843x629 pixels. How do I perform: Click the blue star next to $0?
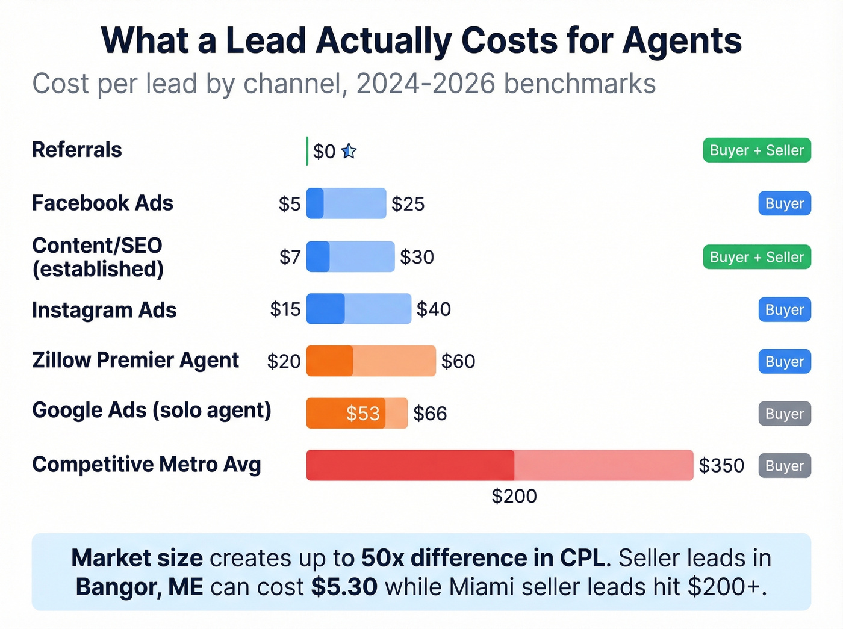349,151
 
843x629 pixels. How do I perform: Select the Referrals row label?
77,150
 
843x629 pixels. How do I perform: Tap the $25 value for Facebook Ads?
408,204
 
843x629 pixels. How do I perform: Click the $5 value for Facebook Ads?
290,204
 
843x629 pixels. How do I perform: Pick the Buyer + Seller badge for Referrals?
757,150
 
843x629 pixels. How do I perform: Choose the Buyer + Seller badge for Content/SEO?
757,257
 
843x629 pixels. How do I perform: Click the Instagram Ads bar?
358,309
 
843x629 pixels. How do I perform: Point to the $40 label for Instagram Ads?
434,309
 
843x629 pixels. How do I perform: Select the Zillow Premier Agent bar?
370,361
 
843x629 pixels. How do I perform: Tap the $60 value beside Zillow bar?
458,361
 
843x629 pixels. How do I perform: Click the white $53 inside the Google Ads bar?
362,414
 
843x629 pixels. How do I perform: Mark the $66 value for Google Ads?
430,414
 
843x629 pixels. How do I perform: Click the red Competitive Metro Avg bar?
499,465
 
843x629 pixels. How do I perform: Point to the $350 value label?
721,466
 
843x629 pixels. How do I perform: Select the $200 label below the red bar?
514,496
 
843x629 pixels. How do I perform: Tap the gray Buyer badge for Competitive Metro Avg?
785,466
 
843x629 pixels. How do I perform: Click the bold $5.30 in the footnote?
344,587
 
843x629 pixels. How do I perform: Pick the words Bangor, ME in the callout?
139,587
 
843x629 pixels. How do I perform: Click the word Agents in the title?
682,41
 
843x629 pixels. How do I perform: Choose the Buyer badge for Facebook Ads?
785,203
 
